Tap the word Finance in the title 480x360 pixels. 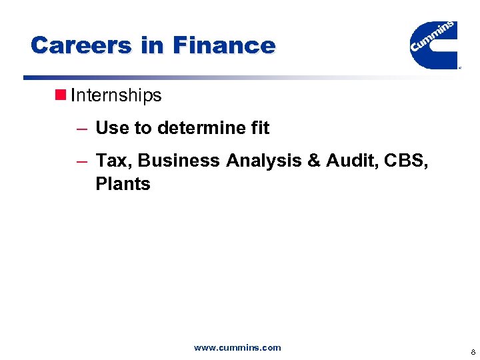tap(224, 45)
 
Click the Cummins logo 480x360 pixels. tap(433, 44)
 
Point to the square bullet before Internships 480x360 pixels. tap(59, 95)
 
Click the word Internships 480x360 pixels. tap(116, 95)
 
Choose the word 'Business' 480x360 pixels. tap(179, 161)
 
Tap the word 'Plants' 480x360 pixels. tap(123, 184)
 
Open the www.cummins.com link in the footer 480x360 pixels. tap(237, 347)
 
